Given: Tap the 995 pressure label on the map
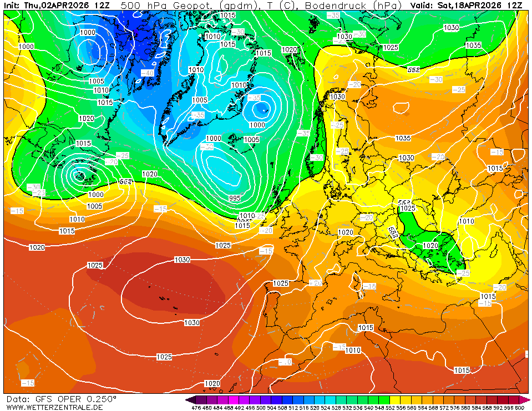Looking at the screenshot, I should pos(235,198).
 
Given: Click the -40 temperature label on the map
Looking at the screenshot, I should pos(148,73).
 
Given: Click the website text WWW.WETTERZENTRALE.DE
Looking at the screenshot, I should pos(54,407).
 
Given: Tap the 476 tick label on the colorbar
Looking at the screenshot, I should pos(196,408).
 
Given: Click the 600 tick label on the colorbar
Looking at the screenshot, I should pos(519,408).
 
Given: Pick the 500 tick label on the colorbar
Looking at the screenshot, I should pos(261,408).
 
